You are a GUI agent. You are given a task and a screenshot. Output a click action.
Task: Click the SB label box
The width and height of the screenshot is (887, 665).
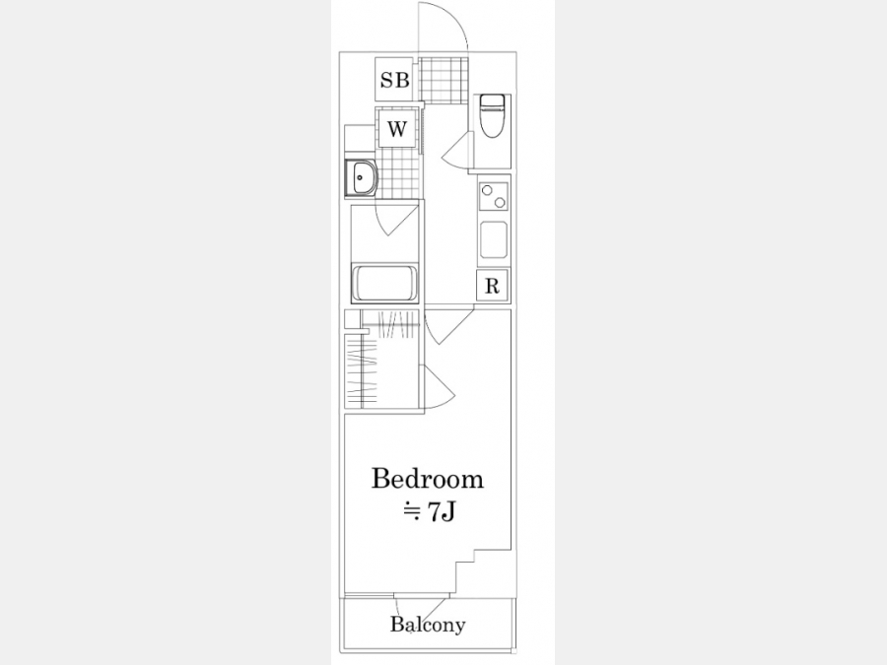tap(394, 80)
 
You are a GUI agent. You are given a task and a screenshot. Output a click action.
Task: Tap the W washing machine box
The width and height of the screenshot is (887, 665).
tap(397, 129)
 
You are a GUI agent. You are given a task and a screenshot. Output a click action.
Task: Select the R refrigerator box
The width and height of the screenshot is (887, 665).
tap(492, 286)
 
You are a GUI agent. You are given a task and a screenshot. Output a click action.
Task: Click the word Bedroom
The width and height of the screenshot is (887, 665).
tap(428, 479)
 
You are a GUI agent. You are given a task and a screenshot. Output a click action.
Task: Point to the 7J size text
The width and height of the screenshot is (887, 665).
tap(429, 512)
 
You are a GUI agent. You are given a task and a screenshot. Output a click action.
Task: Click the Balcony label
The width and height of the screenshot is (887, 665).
tap(428, 625)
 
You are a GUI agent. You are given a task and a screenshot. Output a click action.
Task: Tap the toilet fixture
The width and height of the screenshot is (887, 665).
tap(492, 115)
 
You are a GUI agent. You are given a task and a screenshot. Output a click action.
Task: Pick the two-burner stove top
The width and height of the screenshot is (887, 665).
tap(494, 196)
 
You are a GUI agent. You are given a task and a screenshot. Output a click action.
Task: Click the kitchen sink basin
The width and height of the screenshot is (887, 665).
tap(494, 239)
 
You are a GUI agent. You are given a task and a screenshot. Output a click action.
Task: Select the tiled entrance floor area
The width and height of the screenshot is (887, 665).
tap(445, 81)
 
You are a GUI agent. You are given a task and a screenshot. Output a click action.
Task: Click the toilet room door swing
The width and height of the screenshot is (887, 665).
tap(457, 149)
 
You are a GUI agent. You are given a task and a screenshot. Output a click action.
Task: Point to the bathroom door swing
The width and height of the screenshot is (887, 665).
tap(397, 218)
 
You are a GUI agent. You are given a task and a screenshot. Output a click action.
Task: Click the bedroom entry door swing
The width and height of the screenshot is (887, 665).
tap(449, 326)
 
